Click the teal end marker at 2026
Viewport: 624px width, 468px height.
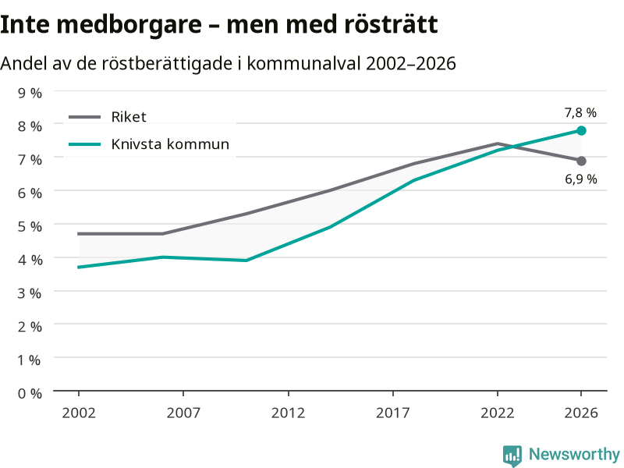tap(581, 130)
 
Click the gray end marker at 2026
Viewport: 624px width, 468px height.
tap(581, 161)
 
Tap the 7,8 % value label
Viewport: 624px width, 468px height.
tap(580, 113)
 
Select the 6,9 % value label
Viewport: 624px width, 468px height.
tap(581, 179)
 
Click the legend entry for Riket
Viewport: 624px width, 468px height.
tap(108, 117)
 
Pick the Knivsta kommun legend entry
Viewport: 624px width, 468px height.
tap(149, 144)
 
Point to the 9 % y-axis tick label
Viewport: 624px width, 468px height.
tap(30, 93)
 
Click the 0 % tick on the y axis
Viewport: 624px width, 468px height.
tap(30, 394)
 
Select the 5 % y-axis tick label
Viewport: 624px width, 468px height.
tap(30, 226)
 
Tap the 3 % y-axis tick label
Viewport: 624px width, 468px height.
tap(30, 293)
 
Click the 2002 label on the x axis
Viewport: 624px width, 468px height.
tap(79, 413)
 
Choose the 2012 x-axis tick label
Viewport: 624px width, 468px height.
tap(288, 413)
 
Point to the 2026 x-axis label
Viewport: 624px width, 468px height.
tap(581, 413)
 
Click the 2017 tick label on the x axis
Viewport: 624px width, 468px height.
tap(393, 413)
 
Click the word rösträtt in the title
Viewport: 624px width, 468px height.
tap(391, 24)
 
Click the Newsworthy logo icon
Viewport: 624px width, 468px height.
tap(512, 456)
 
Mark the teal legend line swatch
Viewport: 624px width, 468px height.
tap(85, 144)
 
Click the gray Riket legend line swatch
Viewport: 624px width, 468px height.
tap(85, 117)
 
